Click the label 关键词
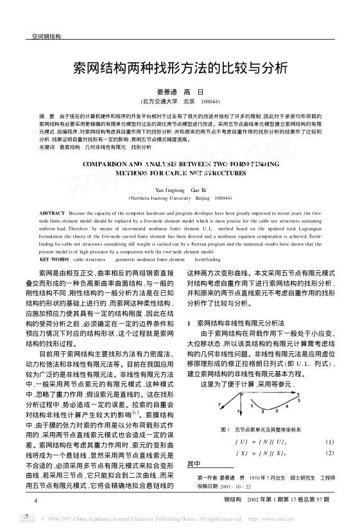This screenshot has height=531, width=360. tap(47, 147)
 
